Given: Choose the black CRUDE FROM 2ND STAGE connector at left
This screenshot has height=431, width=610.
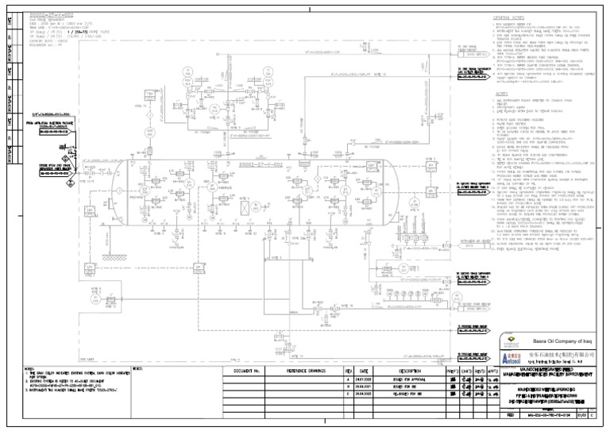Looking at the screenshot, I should point(51,173).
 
